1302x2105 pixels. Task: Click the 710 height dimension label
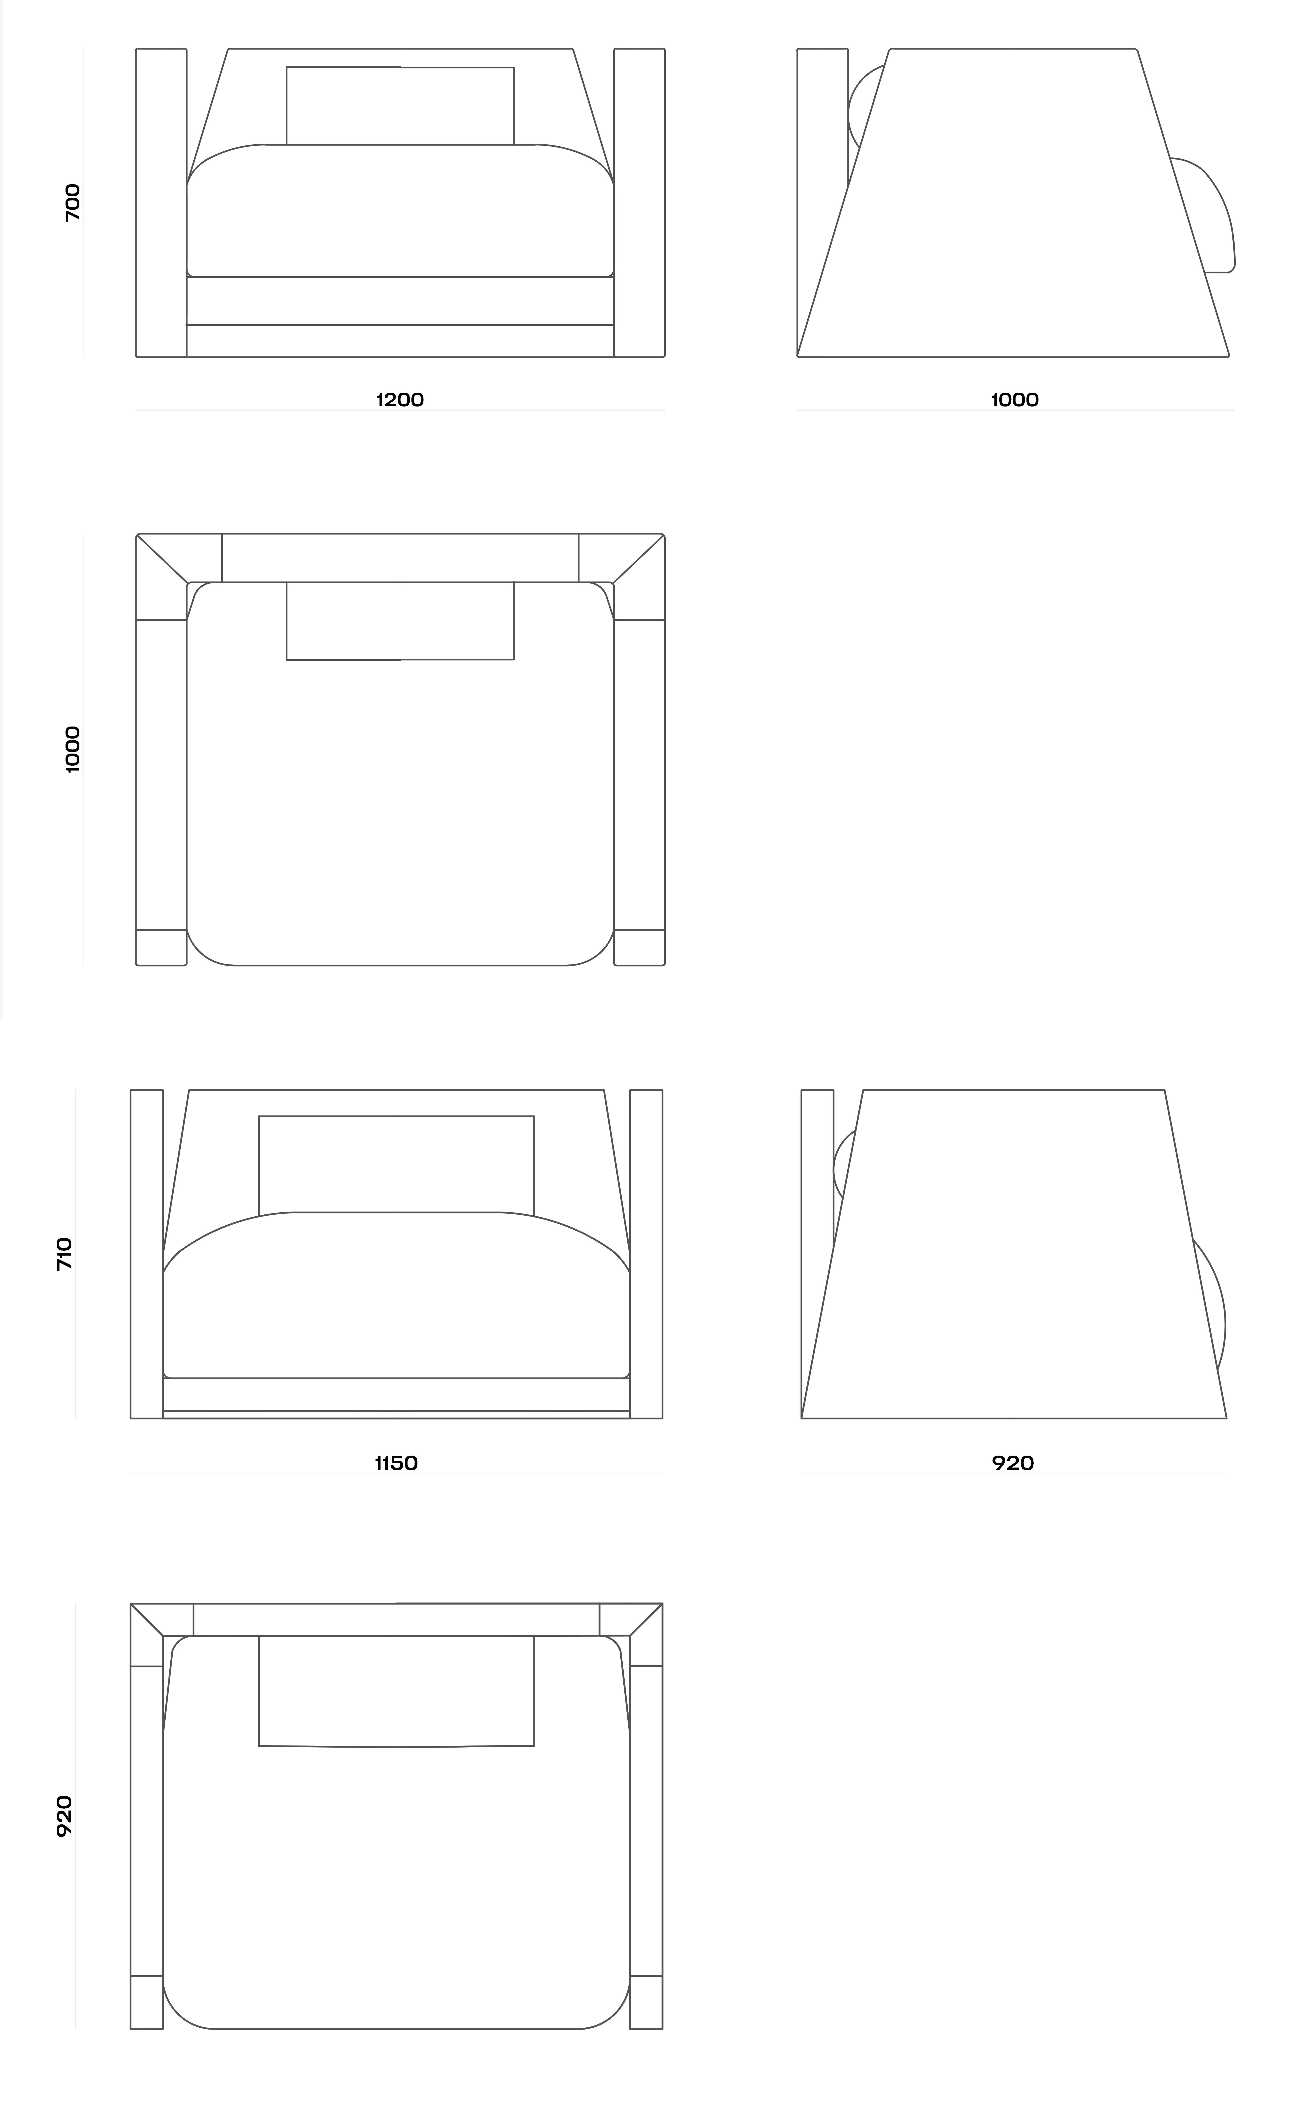(65, 1254)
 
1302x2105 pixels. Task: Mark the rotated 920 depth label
(65, 1817)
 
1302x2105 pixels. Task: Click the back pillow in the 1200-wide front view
(400, 106)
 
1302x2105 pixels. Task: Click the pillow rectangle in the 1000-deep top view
(400, 621)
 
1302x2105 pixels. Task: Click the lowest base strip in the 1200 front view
(400, 341)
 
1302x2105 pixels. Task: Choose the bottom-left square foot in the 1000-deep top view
(161, 947)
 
